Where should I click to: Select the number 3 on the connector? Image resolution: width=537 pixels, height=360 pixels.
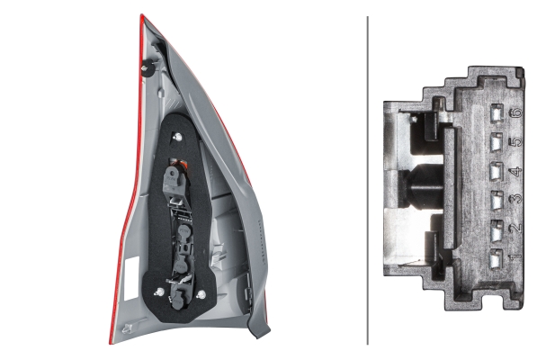[x=515, y=199]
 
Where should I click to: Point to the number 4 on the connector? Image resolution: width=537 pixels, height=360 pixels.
[x=515, y=171]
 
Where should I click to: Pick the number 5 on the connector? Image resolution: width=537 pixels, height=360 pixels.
[x=515, y=141]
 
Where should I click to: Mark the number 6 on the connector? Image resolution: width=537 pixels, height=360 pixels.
[x=515, y=112]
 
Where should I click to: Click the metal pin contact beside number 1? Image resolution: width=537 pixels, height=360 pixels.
[x=497, y=258]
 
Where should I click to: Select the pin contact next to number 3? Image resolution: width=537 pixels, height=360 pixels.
[x=497, y=200]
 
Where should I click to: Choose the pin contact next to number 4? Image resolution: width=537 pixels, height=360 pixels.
[x=497, y=171]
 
